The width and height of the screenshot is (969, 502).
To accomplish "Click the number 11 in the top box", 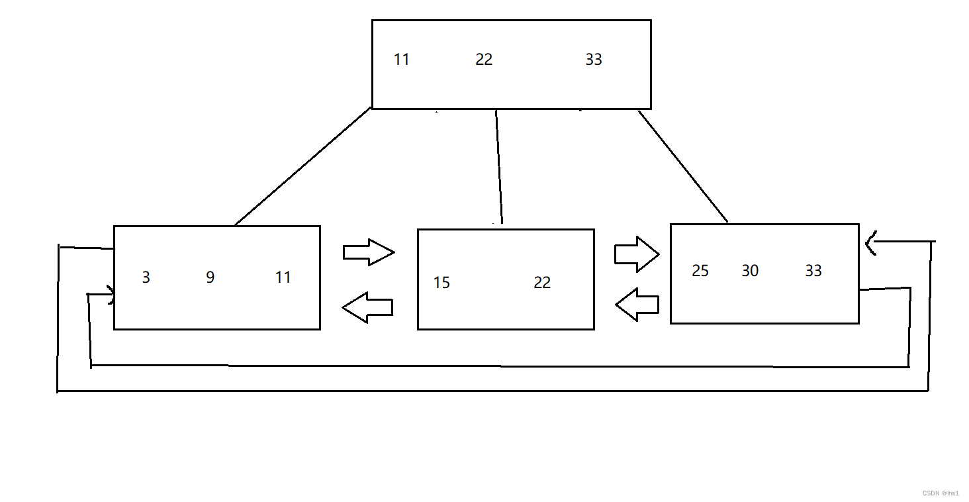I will (401, 60).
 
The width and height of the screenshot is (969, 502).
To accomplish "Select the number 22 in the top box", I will (484, 60).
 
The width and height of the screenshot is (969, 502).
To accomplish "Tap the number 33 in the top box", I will (594, 60).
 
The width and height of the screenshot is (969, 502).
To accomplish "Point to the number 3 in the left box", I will (146, 277).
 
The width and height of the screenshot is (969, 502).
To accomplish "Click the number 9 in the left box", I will (210, 277).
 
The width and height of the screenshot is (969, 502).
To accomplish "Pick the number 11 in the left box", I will (283, 277).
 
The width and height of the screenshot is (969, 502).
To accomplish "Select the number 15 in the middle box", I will (441, 283).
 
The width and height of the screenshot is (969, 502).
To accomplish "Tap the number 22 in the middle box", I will (542, 283).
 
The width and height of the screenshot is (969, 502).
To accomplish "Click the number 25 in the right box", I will (700, 271).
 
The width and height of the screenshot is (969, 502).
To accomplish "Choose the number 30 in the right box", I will (750, 271).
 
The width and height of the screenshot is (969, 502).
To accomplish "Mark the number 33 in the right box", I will (813, 271).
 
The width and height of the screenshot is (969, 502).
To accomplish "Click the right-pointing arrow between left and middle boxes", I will (369, 252).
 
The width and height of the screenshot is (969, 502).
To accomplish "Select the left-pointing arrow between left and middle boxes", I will (368, 307).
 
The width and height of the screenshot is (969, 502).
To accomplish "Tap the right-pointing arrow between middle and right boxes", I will (637, 254).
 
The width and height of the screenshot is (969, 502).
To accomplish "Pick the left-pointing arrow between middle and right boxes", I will (637, 305).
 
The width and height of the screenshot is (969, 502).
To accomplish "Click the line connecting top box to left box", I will (302, 167).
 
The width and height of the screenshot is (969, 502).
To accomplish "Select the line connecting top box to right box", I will (683, 166).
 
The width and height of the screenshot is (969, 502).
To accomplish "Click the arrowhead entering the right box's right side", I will (872, 243).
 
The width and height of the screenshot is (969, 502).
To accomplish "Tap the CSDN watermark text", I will (941, 493).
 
